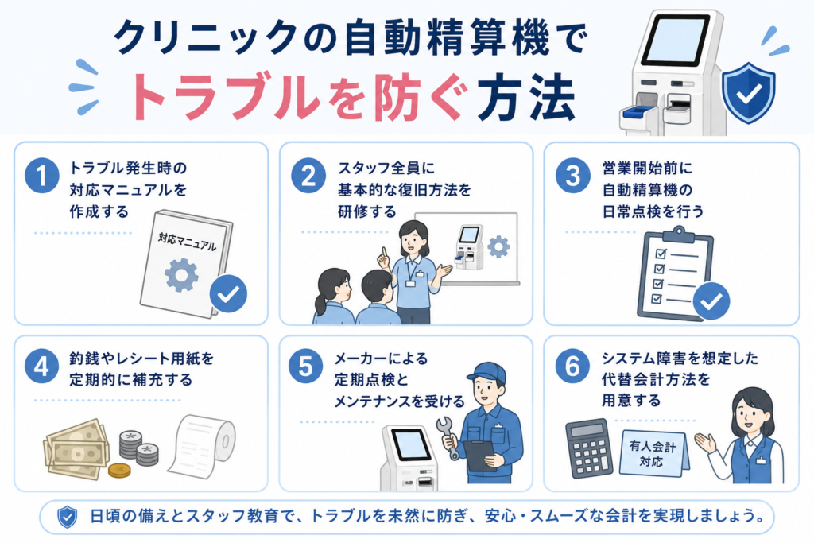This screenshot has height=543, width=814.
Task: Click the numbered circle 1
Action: [x=41, y=176]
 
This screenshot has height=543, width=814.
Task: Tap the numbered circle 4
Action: [x=41, y=367]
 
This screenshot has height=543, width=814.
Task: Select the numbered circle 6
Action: [x=572, y=367]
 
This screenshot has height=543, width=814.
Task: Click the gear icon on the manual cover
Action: [x=181, y=275]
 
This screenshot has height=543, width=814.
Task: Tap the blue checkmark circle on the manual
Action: [x=228, y=294]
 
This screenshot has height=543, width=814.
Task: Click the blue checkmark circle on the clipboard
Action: [x=711, y=301]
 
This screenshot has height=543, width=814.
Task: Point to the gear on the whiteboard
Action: [x=498, y=246]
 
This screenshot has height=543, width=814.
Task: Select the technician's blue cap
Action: [x=486, y=373]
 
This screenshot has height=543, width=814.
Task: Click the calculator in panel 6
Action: [x=589, y=448]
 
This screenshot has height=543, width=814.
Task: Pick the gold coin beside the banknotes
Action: [x=119, y=471]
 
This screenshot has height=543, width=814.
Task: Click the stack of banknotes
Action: [x=76, y=449]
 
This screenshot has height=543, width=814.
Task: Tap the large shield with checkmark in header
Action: [x=749, y=93]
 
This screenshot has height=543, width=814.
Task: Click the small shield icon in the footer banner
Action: [x=67, y=517]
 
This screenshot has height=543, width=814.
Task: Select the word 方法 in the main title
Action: [x=526, y=99]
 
